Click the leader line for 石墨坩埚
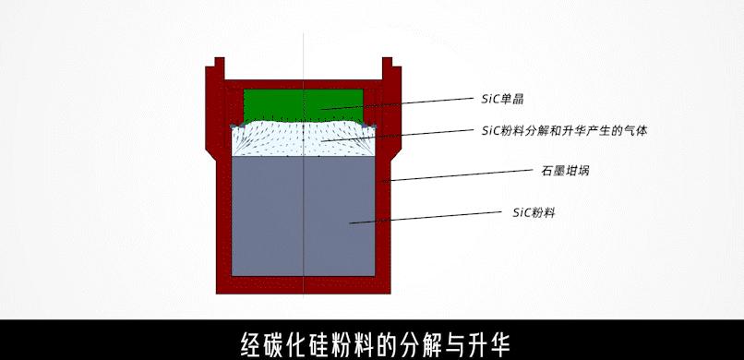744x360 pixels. tap(462, 174)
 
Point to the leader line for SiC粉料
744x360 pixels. tap(434, 217)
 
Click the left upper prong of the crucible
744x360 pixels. tap(220, 66)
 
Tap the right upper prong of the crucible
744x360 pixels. tap(387, 66)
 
